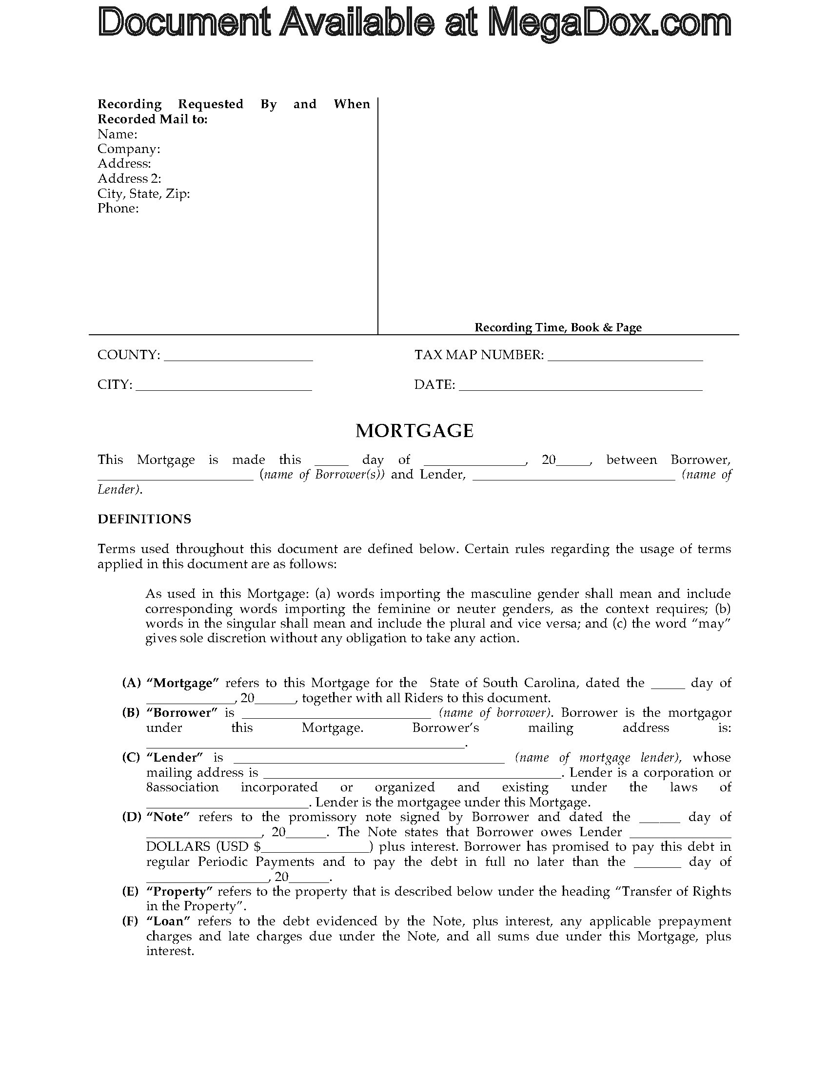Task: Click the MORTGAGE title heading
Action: pyautogui.click(x=414, y=431)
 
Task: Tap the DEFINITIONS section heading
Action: pyautogui.click(x=144, y=519)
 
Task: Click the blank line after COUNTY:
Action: pyautogui.click(x=238, y=357)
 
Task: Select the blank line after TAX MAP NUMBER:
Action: pyautogui.click(x=625, y=357)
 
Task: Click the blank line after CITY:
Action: pyautogui.click(x=223, y=387)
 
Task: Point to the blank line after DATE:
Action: pyautogui.click(x=580, y=387)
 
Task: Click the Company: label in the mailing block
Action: pyautogui.click(x=129, y=149)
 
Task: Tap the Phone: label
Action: pyautogui.click(x=118, y=208)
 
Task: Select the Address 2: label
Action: pyautogui.click(x=129, y=179)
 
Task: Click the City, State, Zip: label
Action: pyautogui.click(x=143, y=193)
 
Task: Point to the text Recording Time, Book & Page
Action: pyautogui.click(x=558, y=327)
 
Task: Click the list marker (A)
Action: pyautogui.click(x=131, y=683)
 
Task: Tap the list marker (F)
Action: pyautogui.click(x=131, y=921)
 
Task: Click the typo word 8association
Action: pyautogui.click(x=182, y=787)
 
